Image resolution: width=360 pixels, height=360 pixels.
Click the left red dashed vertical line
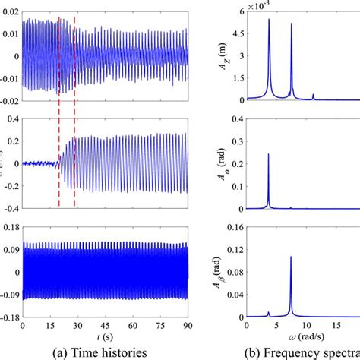click(x=59, y=114)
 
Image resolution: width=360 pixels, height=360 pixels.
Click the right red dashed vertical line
click(x=74, y=114)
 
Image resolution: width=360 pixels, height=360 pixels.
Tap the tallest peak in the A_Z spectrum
click(x=269, y=21)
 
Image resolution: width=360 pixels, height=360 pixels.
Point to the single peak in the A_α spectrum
click(x=268, y=155)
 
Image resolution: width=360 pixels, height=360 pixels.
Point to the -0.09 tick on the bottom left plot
click(x=9, y=295)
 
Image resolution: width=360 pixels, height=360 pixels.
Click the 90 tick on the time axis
click(x=186, y=325)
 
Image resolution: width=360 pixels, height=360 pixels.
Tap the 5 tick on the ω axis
click(x=278, y=325)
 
